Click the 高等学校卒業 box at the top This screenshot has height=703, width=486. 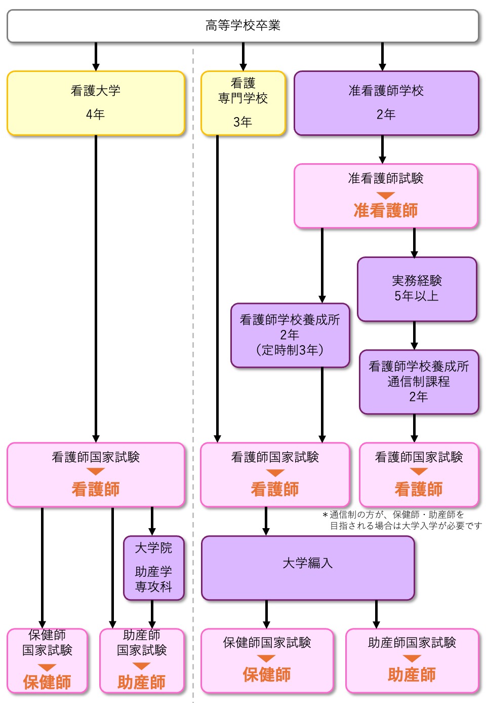tap(242, 25)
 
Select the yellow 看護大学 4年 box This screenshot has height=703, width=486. tap(96, 103)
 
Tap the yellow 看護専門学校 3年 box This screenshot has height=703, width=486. tap(243, 103)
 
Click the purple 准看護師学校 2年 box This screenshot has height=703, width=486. tap(386, 103)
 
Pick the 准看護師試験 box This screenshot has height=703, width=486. tap(386, 195)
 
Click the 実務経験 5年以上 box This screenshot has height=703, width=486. tap(417, 289)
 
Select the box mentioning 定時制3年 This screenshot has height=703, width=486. tap(290, 335)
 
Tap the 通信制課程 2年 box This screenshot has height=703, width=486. tap(419, 382)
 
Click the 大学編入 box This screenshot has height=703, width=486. tap(308, 568)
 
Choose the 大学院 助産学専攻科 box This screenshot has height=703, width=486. tap(153, 568)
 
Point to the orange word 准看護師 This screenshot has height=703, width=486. tap(386, 210)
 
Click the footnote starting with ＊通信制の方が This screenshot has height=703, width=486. tap(402, 520)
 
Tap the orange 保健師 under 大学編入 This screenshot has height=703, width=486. tap(267, 675)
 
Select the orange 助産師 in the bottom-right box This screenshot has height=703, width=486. tap(412, 675)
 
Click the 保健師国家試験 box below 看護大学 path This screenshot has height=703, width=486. tap(47, 660)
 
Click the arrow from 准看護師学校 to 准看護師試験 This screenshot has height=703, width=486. tap(382, 150)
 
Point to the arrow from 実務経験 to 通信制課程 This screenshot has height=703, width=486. tap(414, 336)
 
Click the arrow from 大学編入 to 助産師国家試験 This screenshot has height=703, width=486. tap(376, 614)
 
